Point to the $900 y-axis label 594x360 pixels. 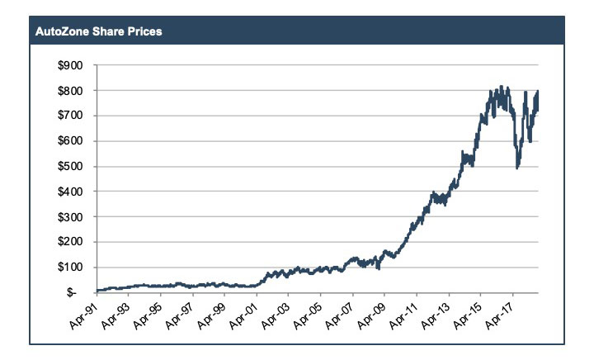tap(73, 64)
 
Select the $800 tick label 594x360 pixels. tap(73, 90)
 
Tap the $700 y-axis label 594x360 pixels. tap(73, 116)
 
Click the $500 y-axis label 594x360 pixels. tap(73, 166)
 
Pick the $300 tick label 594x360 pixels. tap(73, 216)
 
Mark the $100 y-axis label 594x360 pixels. tap(73, 268)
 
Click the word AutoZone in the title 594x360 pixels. tap(61, 33)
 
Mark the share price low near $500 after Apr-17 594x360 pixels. tap(517, 168)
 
